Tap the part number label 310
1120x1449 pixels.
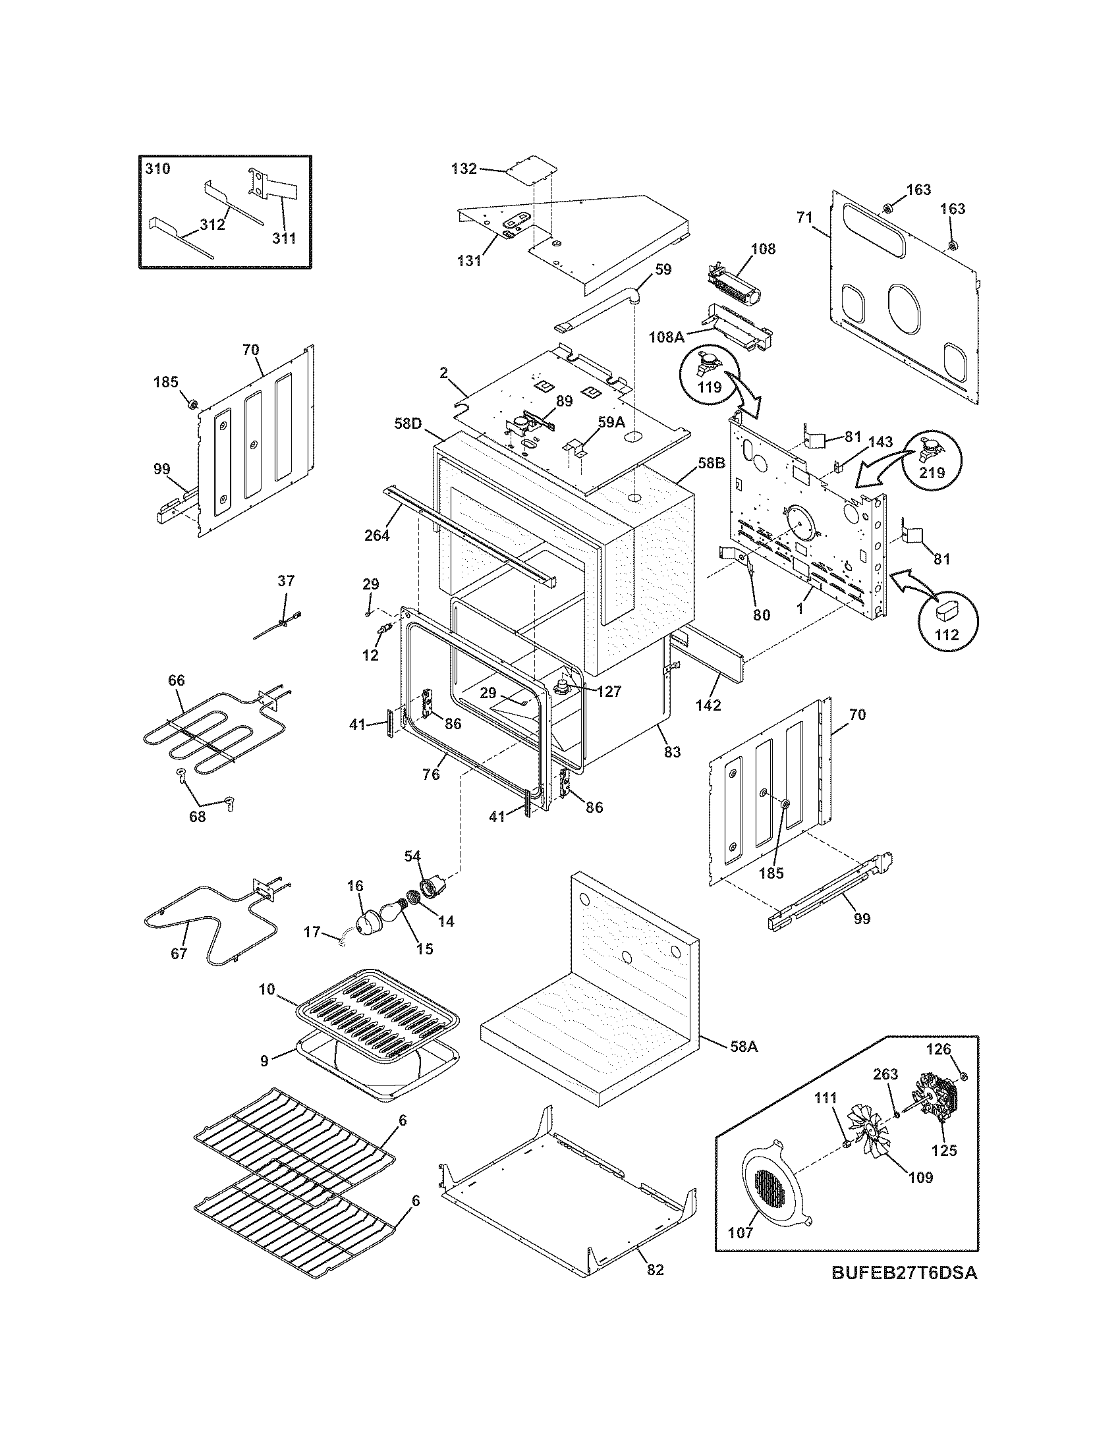[x=158, y=169]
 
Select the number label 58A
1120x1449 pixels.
[x=744, y=1047]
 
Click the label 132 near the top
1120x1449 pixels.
[x=464, y=169]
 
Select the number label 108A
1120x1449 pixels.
[x=666, y=337]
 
